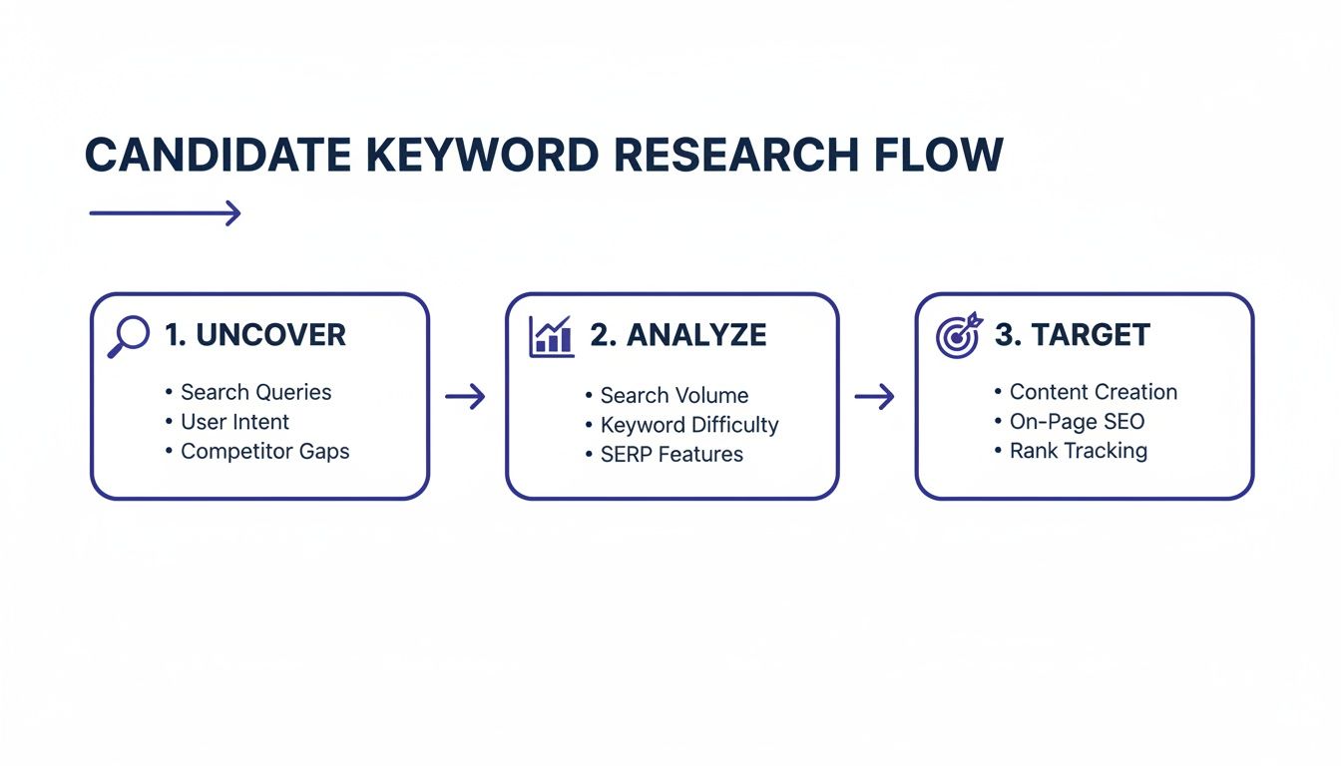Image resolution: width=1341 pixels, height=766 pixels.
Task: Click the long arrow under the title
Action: tap(165, 212)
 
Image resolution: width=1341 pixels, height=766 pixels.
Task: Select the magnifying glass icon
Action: tap(128, 336)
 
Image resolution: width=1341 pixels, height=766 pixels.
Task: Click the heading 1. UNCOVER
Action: tap(255, 335)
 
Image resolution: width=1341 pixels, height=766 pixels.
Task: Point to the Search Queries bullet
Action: tap(255, 392)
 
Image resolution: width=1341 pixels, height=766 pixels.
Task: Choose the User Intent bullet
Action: tap(234, 421)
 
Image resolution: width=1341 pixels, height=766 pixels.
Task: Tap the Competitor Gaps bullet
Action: tap(264, 451)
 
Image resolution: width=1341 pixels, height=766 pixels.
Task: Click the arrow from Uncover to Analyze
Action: tap(465, 397)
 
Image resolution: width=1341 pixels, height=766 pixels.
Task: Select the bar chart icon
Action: tap(551, 336)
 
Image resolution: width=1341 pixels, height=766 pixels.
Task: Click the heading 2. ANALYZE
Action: tap(677, 335)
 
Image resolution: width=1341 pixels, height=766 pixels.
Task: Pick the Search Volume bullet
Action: tap(673, 395)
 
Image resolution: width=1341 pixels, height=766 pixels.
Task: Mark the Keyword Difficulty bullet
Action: tap(688, 425)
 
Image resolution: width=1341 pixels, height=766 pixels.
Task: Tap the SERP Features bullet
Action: tap(671, 454)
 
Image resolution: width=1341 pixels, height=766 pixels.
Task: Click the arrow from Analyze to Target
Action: tap(875, 397)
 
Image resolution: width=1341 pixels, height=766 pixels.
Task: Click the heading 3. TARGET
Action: tap(1072, 335)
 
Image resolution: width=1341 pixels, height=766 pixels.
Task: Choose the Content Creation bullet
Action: tap(1093, 392)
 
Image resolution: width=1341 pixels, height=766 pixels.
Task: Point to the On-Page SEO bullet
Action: tap(1077, 421)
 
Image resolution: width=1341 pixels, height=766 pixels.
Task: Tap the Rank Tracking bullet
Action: tap(1078, 451)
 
